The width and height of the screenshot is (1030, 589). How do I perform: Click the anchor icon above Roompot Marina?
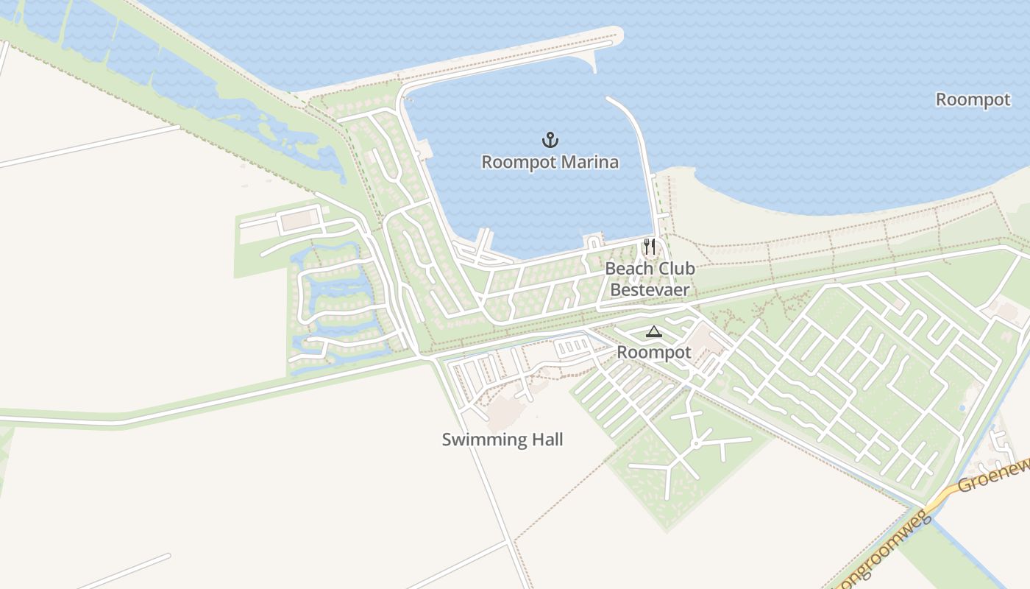pyautogui.click(x=550, y=139)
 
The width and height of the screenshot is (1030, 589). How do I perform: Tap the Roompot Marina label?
pyautogui.click(x=550, y=162)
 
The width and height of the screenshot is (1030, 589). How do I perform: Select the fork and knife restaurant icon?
pyautogui.click(x=649, y=246)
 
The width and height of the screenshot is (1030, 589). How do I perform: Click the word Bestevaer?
pyautogui.click(x=650, y=289)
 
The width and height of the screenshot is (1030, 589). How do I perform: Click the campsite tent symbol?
pyautogui.click(x=653, y=332)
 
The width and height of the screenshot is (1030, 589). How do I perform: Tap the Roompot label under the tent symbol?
pyautogui.click(x=653, y=353)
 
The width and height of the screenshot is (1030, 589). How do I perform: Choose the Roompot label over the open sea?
pyautogui.click(x=973, y=99)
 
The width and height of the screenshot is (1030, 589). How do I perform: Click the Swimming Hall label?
pyautogui.click(x=502, y=440)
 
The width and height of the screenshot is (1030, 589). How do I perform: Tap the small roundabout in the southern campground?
pyautogui.click(x=695, y=444)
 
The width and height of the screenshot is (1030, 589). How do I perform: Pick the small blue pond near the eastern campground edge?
pyautogui.click(x=962, y=408)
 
